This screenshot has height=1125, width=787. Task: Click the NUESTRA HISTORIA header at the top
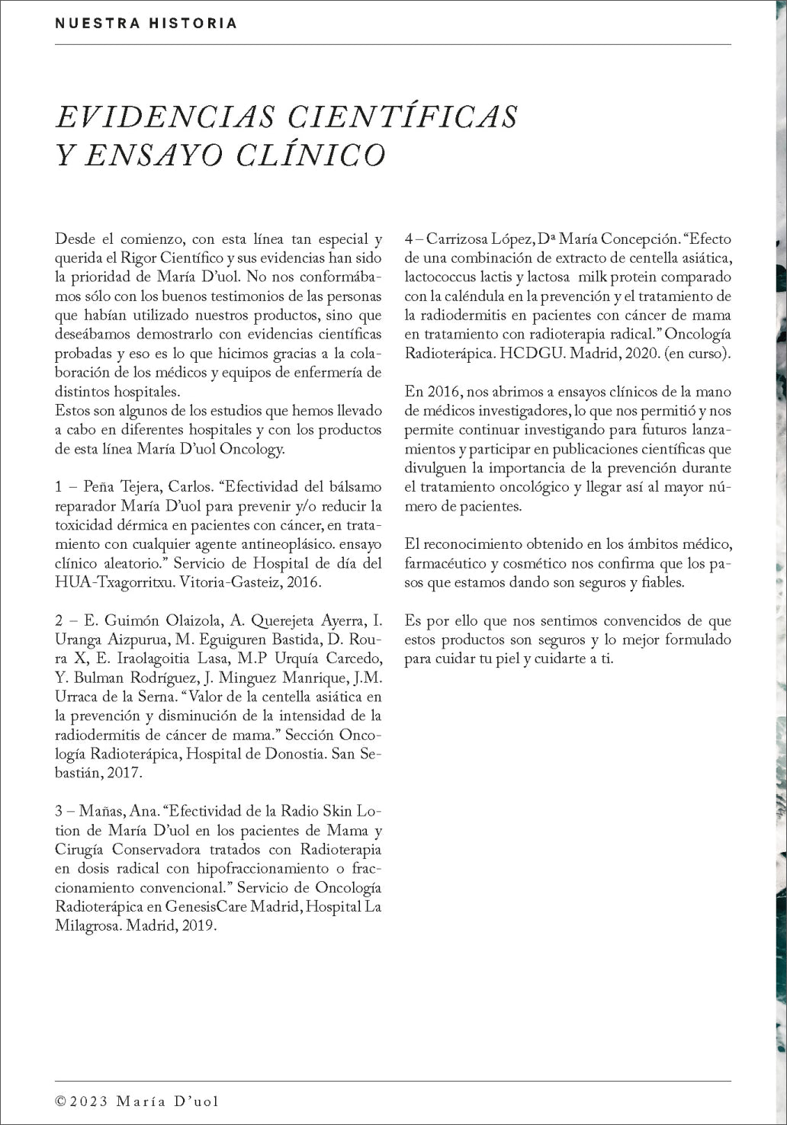coord(146,24)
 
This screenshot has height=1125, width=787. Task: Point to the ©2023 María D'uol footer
coord(138,1101)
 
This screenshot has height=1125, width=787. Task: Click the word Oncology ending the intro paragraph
coord(252,449)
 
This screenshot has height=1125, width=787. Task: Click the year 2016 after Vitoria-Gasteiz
coord(307,582)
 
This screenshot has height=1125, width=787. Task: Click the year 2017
coord(127,773)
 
